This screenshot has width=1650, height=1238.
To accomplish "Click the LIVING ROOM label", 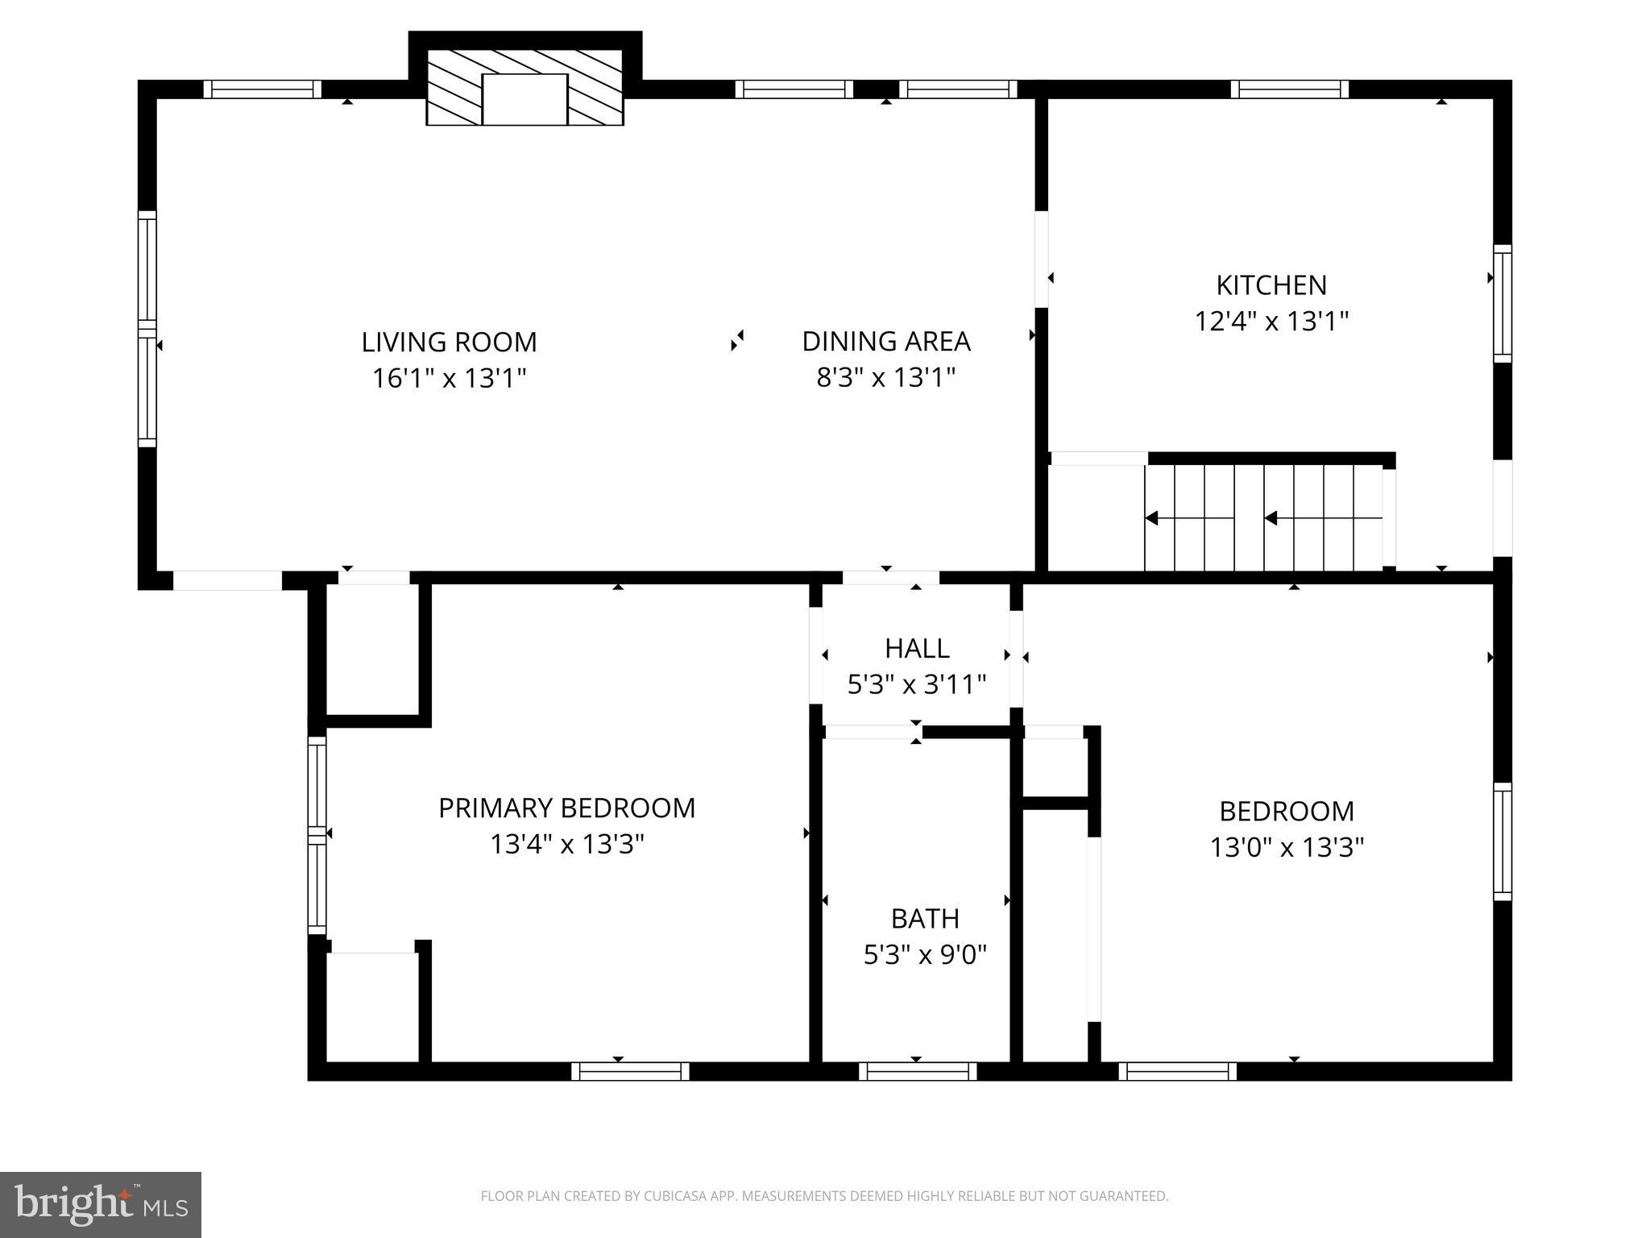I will coord(449,342).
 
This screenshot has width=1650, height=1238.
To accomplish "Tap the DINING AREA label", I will coord(885,341).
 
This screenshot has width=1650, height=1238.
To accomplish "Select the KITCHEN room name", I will coord(1271,285).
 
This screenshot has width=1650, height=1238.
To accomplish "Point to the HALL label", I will coord(916,648).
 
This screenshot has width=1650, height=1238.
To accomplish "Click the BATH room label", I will coord(924,918).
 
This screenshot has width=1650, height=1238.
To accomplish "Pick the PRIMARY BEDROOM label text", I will coord(566,808).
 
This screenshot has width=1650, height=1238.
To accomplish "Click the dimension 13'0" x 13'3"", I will coord(1286,847).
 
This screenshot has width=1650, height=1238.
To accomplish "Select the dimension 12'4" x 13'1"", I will coord(1271,322).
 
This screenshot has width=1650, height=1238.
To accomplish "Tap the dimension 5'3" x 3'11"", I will coord(916,685).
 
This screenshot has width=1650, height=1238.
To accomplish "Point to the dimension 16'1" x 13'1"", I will coord(449,378).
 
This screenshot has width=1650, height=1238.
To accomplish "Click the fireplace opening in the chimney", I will coord(524,99).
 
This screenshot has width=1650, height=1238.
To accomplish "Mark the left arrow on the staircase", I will coord(1152,518).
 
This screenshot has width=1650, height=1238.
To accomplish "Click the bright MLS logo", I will coord(101,1204).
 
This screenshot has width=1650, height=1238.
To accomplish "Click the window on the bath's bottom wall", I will coord(917,1071).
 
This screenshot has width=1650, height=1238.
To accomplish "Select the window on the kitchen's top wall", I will coord(1289,89).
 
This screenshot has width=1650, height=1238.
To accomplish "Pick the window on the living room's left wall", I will coord(147,329).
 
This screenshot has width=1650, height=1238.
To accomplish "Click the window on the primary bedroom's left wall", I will coord(317,835).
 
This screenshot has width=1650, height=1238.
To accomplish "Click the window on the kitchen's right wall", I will coord(1502,304).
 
